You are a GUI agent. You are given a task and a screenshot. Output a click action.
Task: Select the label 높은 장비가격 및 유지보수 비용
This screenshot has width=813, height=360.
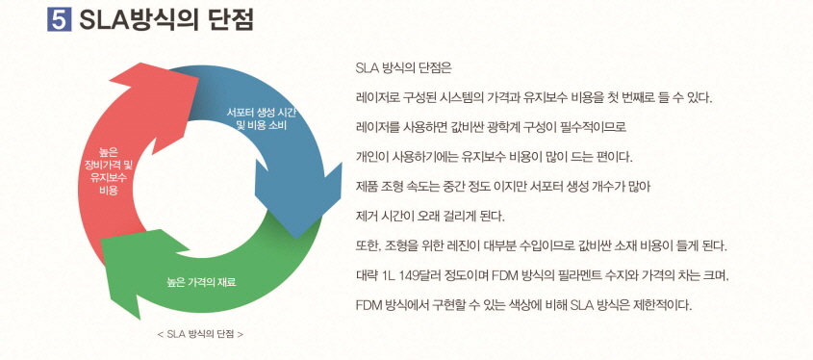coord(108,170)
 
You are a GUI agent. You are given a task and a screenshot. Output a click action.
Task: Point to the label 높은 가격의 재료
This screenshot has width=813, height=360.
coord(201,282)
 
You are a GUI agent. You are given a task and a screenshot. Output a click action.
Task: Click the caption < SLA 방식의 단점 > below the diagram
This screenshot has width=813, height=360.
coord(199,335)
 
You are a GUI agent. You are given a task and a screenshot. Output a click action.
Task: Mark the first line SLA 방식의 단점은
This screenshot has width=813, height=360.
coord(403,68)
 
